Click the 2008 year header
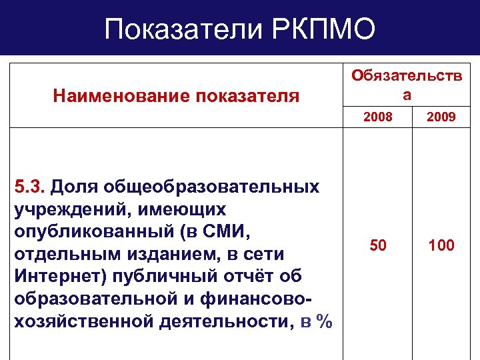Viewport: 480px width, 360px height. pyautogui.click(x=377, y=117)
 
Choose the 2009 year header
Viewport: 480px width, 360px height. pyautogui.click(x=442, y=117)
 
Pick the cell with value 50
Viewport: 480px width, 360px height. pyautogui.click(x=377, y=245)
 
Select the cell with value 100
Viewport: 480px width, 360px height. pyautogui.click(x=441, y=245)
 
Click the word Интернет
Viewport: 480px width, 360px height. pyautogui.click(x=53, y=277)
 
